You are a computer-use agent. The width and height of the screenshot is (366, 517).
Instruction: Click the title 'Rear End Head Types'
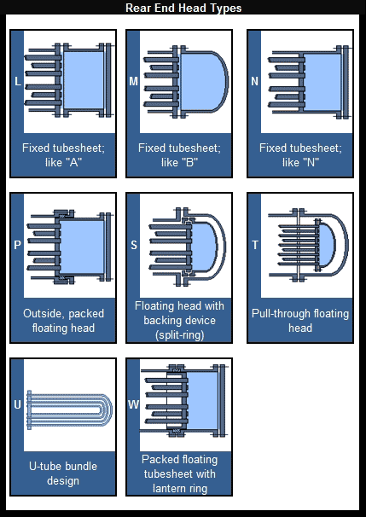[183, 8]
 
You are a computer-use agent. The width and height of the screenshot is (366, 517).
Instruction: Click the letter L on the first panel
[18, 81]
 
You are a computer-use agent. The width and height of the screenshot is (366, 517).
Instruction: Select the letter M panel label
[134, 81]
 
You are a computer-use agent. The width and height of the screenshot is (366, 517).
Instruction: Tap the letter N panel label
[254, 81]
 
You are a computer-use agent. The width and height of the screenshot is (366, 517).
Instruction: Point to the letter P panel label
[17, 245]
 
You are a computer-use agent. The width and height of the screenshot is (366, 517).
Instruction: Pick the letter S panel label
[134, 245]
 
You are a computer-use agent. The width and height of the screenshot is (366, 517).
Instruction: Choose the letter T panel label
[254, 245]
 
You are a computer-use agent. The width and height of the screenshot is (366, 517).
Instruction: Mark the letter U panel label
[17, 404]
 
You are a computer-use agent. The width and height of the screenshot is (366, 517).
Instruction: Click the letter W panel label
[133, 404]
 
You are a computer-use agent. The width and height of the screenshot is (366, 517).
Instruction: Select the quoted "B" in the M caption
[189, 162]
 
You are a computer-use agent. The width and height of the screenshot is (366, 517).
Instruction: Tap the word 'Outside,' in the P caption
[43, 313]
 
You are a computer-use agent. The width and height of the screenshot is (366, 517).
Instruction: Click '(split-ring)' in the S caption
[179, 335]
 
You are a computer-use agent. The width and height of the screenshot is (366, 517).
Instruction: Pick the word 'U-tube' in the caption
[45, 466]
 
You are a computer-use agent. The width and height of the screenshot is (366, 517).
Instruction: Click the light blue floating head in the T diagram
[327, 245]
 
